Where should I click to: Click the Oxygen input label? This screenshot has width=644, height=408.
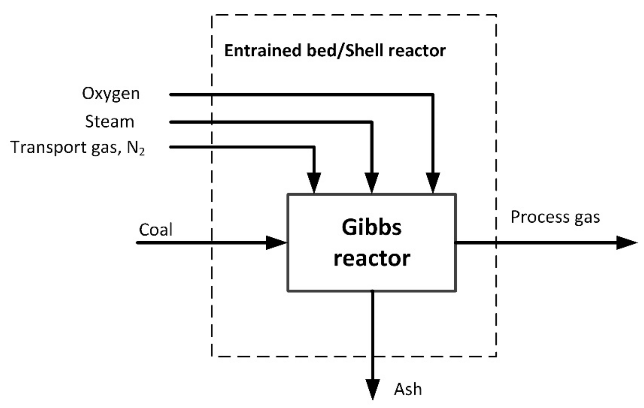[111, 94]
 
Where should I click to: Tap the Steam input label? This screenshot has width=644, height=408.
[109, 121]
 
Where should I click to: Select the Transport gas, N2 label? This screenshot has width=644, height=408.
[77, 147]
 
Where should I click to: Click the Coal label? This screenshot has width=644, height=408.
[155, 229]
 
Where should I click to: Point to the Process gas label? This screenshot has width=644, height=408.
[555, 217]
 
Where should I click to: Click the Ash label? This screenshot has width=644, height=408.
[408, 390]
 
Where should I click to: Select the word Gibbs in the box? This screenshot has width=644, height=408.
[372, 227]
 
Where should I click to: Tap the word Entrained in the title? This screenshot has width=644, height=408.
[262, 50]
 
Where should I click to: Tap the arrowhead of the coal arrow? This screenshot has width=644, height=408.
[276, 243]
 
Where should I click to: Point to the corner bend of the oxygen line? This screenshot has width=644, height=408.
[433, 95]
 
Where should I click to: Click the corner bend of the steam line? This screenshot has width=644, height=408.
[372, 122]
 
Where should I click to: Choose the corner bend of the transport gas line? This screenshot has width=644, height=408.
[314, 147]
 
